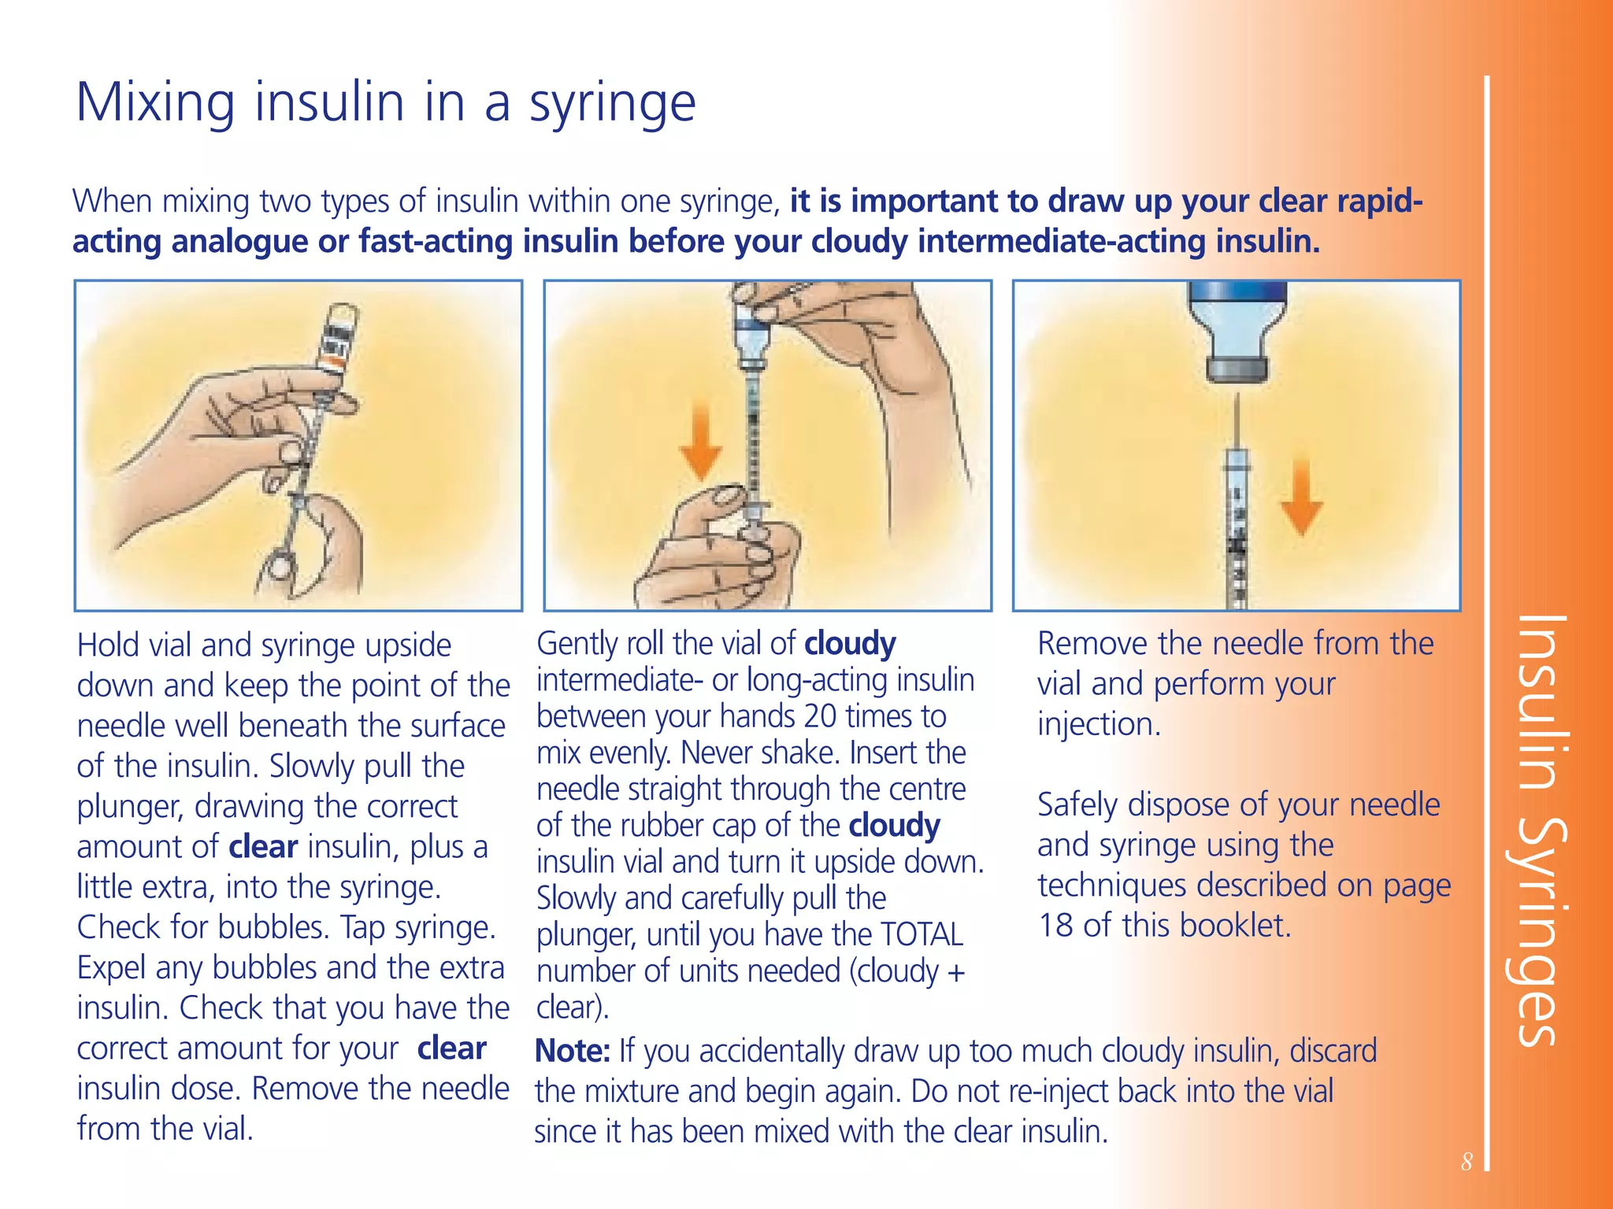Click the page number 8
click(x=1466, y=1162)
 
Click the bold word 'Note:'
click(x=573, y=1052)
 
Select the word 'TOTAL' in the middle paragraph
click(x=921, y=935)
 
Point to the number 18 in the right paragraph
click(x=1055, y=926)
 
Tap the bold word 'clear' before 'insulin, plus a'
click(x=263, y=848)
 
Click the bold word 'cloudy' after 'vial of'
click(x=850, y=644)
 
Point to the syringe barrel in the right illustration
click(x=1237, y=535)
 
